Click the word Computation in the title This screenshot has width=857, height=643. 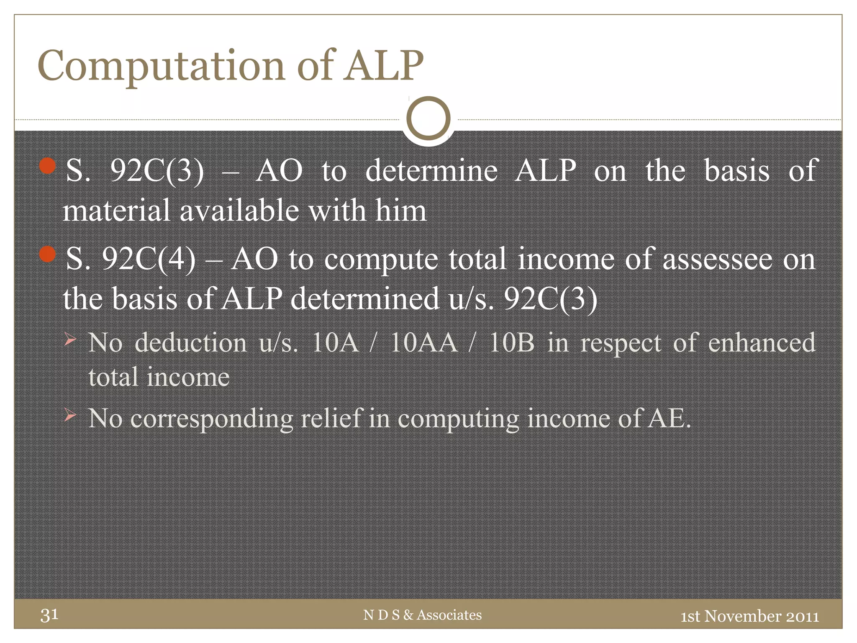click(x=162, y=66)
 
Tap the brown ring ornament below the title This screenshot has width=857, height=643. click(x=428, y=118)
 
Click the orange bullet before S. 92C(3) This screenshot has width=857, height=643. click(x=47, y=166)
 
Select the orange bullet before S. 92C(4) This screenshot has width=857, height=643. click(x=47, y=254)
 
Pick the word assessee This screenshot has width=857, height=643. click(x=717, y=259)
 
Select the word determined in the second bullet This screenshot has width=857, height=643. click(x=364, y=299)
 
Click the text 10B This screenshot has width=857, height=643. click(x=511, y=342)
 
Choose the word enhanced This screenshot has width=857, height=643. click(x=762, y=342)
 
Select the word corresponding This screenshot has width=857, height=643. click(x=212, y=418)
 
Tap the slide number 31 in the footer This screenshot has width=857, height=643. click(x=49, y=615)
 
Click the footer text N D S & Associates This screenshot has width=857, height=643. click(x=422, y=615)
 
